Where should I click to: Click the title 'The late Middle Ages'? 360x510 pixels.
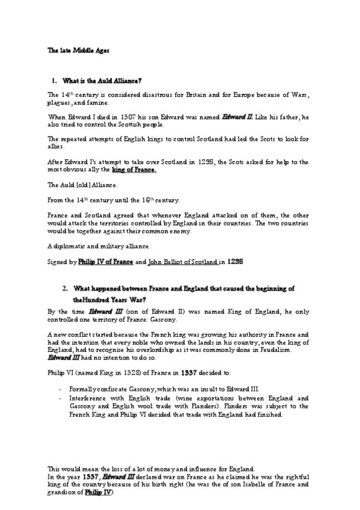point(71,51)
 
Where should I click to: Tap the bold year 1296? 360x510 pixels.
point(236,262)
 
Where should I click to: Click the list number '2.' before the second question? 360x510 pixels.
point(64,289)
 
